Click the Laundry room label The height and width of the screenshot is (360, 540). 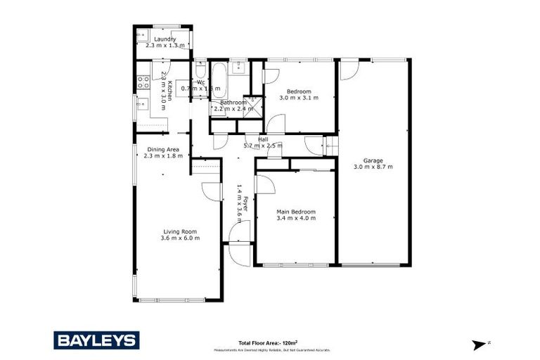coord(165,39)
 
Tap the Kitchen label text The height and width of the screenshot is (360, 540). coord(169,91)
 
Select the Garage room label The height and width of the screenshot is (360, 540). coord(372,160)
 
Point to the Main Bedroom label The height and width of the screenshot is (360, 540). coord(295,212)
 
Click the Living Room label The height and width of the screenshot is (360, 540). coord(180,231)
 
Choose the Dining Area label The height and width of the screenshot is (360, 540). coord(163,149)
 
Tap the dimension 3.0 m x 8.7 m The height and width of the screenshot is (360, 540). coord(373,167)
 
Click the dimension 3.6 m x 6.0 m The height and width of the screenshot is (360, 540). coord(180,238)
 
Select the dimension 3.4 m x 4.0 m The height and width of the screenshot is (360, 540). coord(295,219)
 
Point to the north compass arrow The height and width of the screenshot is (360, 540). coord(480,345)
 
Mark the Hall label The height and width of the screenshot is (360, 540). coord(263,139)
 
